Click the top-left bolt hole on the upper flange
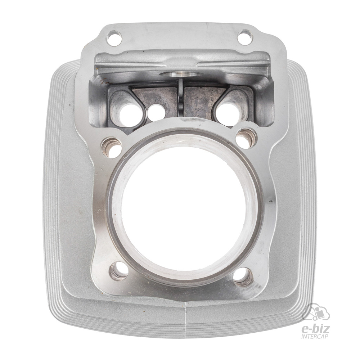pyautogui.click(x=113, y=38)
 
